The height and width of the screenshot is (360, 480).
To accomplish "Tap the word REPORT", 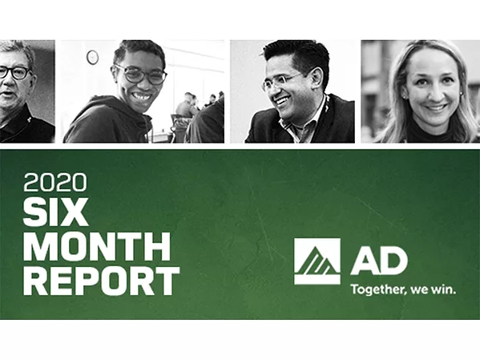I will pyautogui.click(x=101, y=281).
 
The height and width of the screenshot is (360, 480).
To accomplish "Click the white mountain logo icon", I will pyautogui.click(x=317, y=261).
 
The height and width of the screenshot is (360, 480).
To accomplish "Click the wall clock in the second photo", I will pyautogui.click(x=92, y=57).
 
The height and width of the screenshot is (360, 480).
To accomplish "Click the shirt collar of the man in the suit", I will pyautogui.click(x=298, y=128).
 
